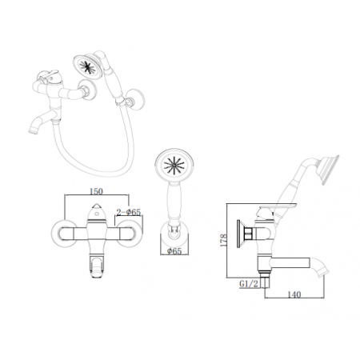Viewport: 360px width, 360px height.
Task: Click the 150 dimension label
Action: (x=96, y=191)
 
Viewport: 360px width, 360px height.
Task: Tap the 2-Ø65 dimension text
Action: (x=129, y=212)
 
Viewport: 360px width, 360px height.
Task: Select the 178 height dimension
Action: (x=223, y=240)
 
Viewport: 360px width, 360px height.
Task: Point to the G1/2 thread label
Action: (x=249, y=284)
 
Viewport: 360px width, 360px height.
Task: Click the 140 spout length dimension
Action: (x=294, y=294)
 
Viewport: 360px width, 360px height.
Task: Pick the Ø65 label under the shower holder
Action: (x=174, y=251)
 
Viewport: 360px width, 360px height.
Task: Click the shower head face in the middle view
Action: (x=174, y=166)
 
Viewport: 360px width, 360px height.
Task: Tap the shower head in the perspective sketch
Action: (x=87, y=66)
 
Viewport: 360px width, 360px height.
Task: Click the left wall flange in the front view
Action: (x=65, y=234)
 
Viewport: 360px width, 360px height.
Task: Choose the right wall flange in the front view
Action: (x=129, y=234)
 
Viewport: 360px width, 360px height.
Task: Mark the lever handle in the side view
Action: (x=278, y=207)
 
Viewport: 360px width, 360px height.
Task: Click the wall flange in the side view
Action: (x=240, y=234)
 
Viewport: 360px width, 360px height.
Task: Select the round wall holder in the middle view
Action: (x=174, y=234)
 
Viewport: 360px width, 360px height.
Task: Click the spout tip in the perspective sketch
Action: (x=32, y=130)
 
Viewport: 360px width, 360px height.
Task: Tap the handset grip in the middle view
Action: (x=174, y=202)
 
